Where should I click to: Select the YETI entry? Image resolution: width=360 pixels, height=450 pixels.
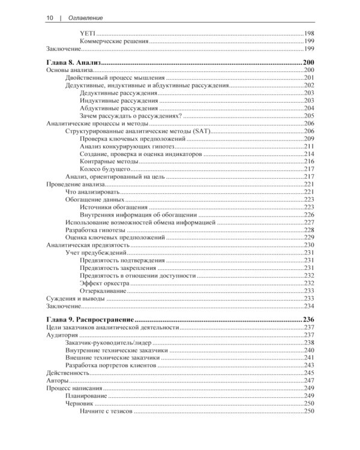coord(87,34)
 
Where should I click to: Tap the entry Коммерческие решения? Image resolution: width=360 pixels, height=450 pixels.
coord(113,41)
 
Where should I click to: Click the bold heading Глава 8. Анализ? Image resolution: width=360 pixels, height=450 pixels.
coord(73,63)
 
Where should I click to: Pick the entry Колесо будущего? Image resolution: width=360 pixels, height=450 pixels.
coord(106,170)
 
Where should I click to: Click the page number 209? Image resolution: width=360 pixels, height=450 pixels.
coord(309,139)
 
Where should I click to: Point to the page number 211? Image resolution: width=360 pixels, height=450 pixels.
coord(309,147)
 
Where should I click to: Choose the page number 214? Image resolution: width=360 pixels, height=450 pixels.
coord(309,154)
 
